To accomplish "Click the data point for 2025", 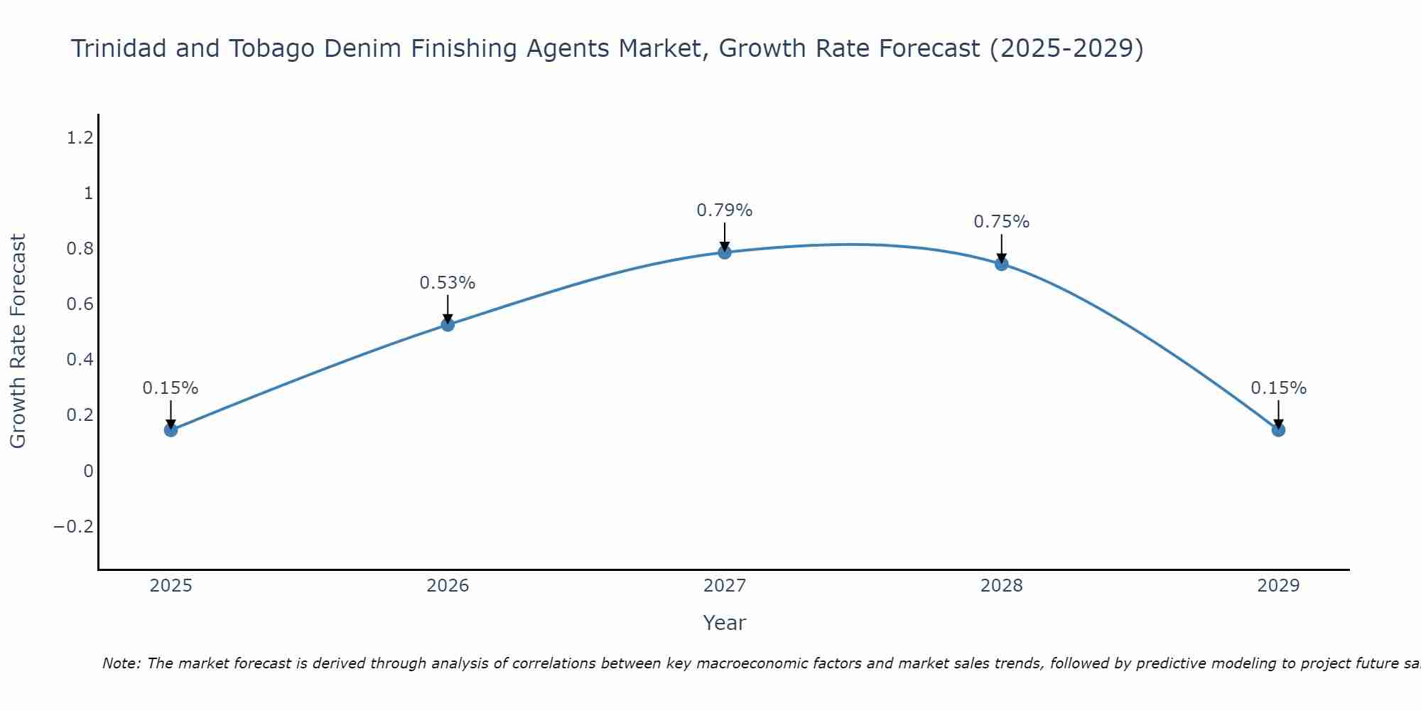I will [x=171, y=429].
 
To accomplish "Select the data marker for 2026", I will [x=448, y=324].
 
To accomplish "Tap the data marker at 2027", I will [x=725, y=252].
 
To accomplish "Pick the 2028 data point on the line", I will [x=1002, y=264].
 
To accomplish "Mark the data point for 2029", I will [x=1278, y=429].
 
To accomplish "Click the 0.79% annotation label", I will [x=724, y=210].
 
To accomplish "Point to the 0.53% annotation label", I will [x=447, y=283].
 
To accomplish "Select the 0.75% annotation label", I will [x=1001, y=222].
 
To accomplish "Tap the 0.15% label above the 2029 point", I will [x=1278, y=388].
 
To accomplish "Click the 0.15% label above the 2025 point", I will [x=171, y=388].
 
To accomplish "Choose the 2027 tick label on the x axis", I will [x=725, y=586].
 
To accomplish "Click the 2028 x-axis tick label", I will [x=1002, y=586].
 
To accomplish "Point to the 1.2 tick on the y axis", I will [x=80, y=138].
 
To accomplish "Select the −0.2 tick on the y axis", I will [x=74, y=527].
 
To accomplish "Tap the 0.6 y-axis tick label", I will [x=80, y=304].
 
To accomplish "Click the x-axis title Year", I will [x=724, y=624].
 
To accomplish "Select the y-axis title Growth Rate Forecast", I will [x=18, y=341].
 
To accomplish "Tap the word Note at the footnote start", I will [x=121, y=664].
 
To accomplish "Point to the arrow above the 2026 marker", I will [x=448, y=309].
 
